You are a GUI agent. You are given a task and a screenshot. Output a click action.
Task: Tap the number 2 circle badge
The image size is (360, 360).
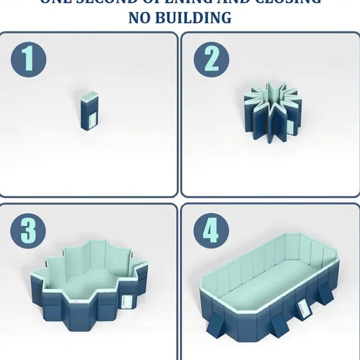(x=210, y=59)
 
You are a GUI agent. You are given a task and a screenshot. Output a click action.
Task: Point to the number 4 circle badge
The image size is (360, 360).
(x=210, y=232)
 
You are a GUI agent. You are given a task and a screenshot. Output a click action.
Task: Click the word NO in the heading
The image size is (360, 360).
(x=142, y=18)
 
